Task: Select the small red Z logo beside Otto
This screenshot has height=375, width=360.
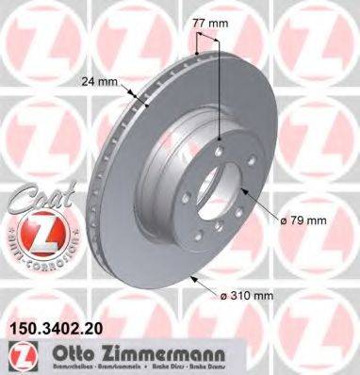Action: click(x=19, y=355)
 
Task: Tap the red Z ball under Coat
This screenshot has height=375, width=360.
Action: click(x=31, y=232)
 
